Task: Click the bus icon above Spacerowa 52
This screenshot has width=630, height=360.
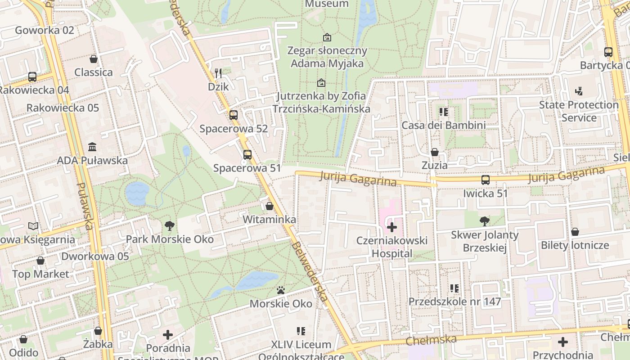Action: pyautogui.click(x=233, y=115)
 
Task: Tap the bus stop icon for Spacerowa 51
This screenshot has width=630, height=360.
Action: pyautogui.click(x=247, y=155)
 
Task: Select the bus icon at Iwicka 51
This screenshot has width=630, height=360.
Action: pyautogui.click(x=485, y=180)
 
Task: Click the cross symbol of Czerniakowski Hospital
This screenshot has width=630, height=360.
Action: pyautogui.click(x=392, y=227)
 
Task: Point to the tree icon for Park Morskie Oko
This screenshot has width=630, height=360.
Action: pyautogui.click(x=169, y=225)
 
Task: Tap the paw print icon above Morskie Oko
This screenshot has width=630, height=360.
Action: pyautogui.click(x=281, y=290)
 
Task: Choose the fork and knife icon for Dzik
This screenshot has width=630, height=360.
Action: pyautogui.click(x=218, y=73)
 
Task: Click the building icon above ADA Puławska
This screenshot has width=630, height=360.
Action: pyautogui.click(x=92, y=147)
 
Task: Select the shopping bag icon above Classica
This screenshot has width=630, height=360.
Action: pyautogui.click(x=94, y=59)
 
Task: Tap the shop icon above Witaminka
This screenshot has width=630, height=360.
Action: pyautogui.click(x=269, y=206)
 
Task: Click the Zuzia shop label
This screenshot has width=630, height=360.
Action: pyautogui.click(x=434, y=165)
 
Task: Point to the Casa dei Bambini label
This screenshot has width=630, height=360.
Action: pyautogui.click(x=443, y=125)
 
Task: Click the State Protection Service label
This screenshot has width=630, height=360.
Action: pyautogui.click(x=579, y=111)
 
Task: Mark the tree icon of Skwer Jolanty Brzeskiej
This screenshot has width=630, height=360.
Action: pyautogui.click(x=484, y=221)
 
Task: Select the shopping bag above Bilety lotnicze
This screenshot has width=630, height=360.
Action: pyautogui.click(x=575, y=232)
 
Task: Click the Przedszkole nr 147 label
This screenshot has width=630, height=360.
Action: pyautogui.click(x=454, y=301)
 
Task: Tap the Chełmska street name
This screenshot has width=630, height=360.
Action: pyautogui.click(x=431, y=340)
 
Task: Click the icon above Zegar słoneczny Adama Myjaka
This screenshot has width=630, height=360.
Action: pyautogui.click(x=327, y=37)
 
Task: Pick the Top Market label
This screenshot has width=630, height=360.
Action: pyautogui.click(x=40, y=274)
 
